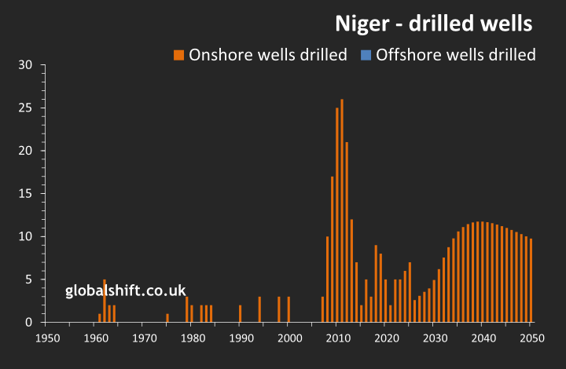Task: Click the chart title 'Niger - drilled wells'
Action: click(x=434, y=23)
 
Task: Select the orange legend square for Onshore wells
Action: click(x=179, y=55)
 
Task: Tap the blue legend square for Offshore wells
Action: click(x=366, y=55)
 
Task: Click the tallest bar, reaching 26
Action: click(x=342, y=210)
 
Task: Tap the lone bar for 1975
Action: click(x=167, y=318)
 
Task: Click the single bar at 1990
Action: click(x=240, y=314)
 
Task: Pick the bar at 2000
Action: click(x=289, y=309)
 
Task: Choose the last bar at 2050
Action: click(x=531, y=280)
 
